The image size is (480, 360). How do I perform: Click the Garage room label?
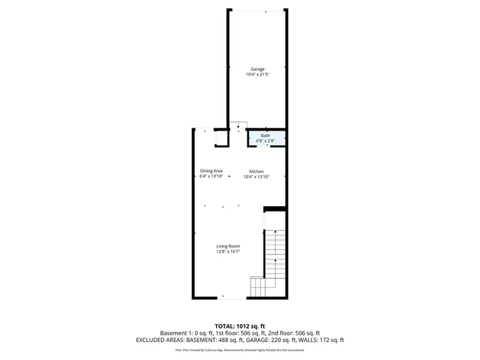257,69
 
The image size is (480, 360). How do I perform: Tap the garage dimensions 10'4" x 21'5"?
257,75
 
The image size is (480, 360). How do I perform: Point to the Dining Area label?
211,170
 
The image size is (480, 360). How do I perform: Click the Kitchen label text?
256,171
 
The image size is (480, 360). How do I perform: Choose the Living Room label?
228,246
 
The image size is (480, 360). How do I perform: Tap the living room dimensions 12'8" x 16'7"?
228,252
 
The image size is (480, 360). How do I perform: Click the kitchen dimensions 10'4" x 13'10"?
256,177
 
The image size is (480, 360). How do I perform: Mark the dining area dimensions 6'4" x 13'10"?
211,177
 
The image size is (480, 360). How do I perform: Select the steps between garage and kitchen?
238,124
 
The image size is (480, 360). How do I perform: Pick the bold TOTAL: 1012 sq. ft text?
239,326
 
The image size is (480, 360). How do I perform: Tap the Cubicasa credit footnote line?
239,349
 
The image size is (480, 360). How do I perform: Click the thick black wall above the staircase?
275,208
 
